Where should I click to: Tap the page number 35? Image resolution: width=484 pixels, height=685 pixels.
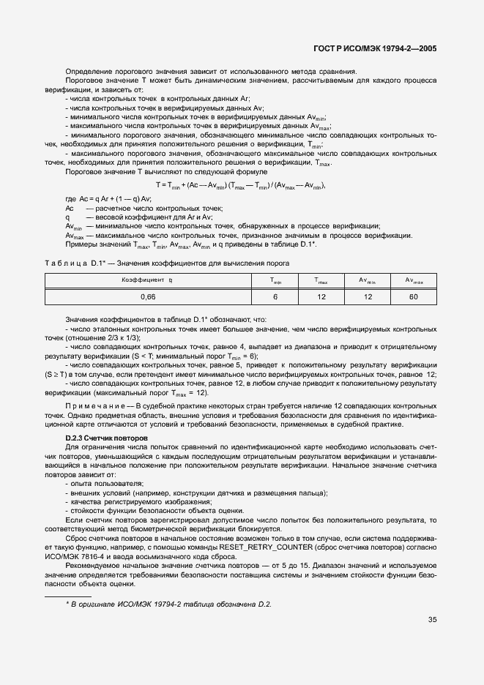pyautogui.click(x=433, y=619)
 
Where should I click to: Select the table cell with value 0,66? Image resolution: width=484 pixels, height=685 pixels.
pyautogui.click(x=147, y=296)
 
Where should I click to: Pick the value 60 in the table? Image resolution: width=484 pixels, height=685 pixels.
pyautogui.click(x=413, y=296)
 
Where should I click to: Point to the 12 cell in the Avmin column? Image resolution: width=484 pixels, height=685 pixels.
pyautogui.click(x=367, y=296)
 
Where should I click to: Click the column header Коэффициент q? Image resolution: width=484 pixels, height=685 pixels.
pyautogui.click(x=147, y=280)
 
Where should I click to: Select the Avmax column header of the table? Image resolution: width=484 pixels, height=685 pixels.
pyautogui.click(x=413, y=280)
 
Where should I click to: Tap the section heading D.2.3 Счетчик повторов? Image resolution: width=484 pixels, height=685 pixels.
pyautogui.click(x=107, y=437)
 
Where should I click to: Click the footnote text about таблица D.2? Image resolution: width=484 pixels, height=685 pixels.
pyautogui.click(x=168, y=604)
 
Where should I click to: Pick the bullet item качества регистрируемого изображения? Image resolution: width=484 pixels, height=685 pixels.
pyautogui.click(x=139, y=501)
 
